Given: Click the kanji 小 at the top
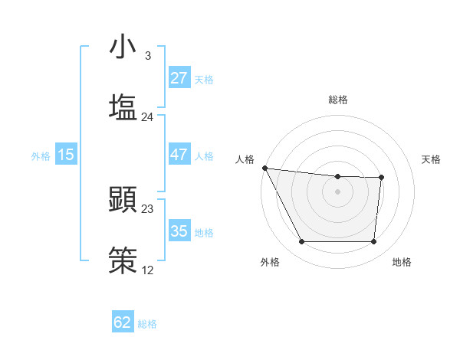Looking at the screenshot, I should click(123, 47).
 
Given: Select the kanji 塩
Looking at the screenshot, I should click(123, 106).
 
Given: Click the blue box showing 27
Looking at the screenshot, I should click(179, 78).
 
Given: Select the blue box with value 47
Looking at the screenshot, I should click(179, 154).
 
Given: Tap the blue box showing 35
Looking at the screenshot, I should click(179, 231).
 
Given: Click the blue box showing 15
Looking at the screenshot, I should click(66, 154).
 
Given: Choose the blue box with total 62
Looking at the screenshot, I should click(123, 322).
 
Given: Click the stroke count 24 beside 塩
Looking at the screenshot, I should click(147, 116).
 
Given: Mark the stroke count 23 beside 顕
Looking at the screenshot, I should click(147, 208).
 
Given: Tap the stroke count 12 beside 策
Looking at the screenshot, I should click(147, 270).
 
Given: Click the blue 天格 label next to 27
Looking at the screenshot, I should click(203, 79).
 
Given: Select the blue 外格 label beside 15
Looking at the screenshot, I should click(41, 155).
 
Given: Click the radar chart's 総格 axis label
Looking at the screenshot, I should click(338, 100).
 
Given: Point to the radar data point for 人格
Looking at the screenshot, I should click(264, 168).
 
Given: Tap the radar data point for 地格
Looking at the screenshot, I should click(373, 242).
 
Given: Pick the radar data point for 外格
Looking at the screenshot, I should click(301, 242).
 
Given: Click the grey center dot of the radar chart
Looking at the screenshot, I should click(337, 191).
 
